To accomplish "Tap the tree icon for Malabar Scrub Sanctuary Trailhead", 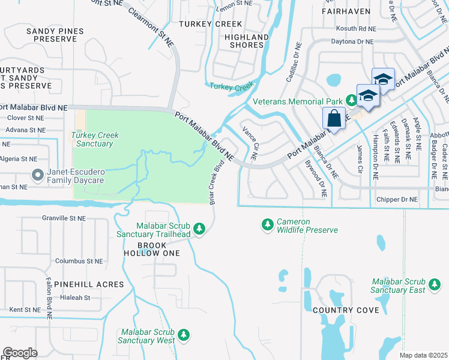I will point(200,229).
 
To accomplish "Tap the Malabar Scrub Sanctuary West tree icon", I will point(185,335).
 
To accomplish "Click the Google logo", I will point(20,352).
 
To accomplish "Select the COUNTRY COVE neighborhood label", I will point(345,310).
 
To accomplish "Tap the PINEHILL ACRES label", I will point(88,284).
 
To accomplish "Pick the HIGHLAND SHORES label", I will point(247,41).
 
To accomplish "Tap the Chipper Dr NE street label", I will point(396,199).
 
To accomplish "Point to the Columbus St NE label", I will point(79,261).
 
